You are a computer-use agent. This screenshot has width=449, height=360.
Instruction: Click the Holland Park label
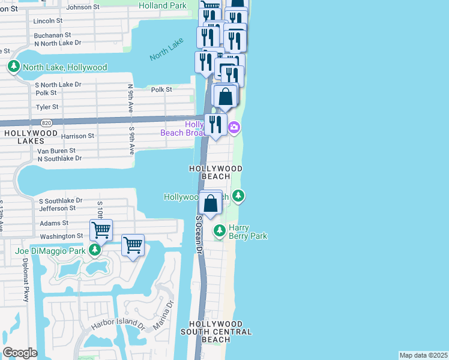163,5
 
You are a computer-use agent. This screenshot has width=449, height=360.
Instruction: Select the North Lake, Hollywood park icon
14,67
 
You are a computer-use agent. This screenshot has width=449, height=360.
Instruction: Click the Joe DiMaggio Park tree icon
94,250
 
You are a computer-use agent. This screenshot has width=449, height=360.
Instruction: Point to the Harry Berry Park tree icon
220,230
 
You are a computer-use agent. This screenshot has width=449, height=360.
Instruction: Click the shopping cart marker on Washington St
101,230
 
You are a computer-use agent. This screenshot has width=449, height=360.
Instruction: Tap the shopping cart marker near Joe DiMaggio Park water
133,245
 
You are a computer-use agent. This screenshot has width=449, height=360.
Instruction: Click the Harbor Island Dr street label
118,324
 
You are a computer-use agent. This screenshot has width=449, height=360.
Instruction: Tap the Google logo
20,353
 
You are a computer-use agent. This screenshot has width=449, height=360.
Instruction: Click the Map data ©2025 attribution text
423,355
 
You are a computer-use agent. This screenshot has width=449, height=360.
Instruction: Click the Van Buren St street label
56,151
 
